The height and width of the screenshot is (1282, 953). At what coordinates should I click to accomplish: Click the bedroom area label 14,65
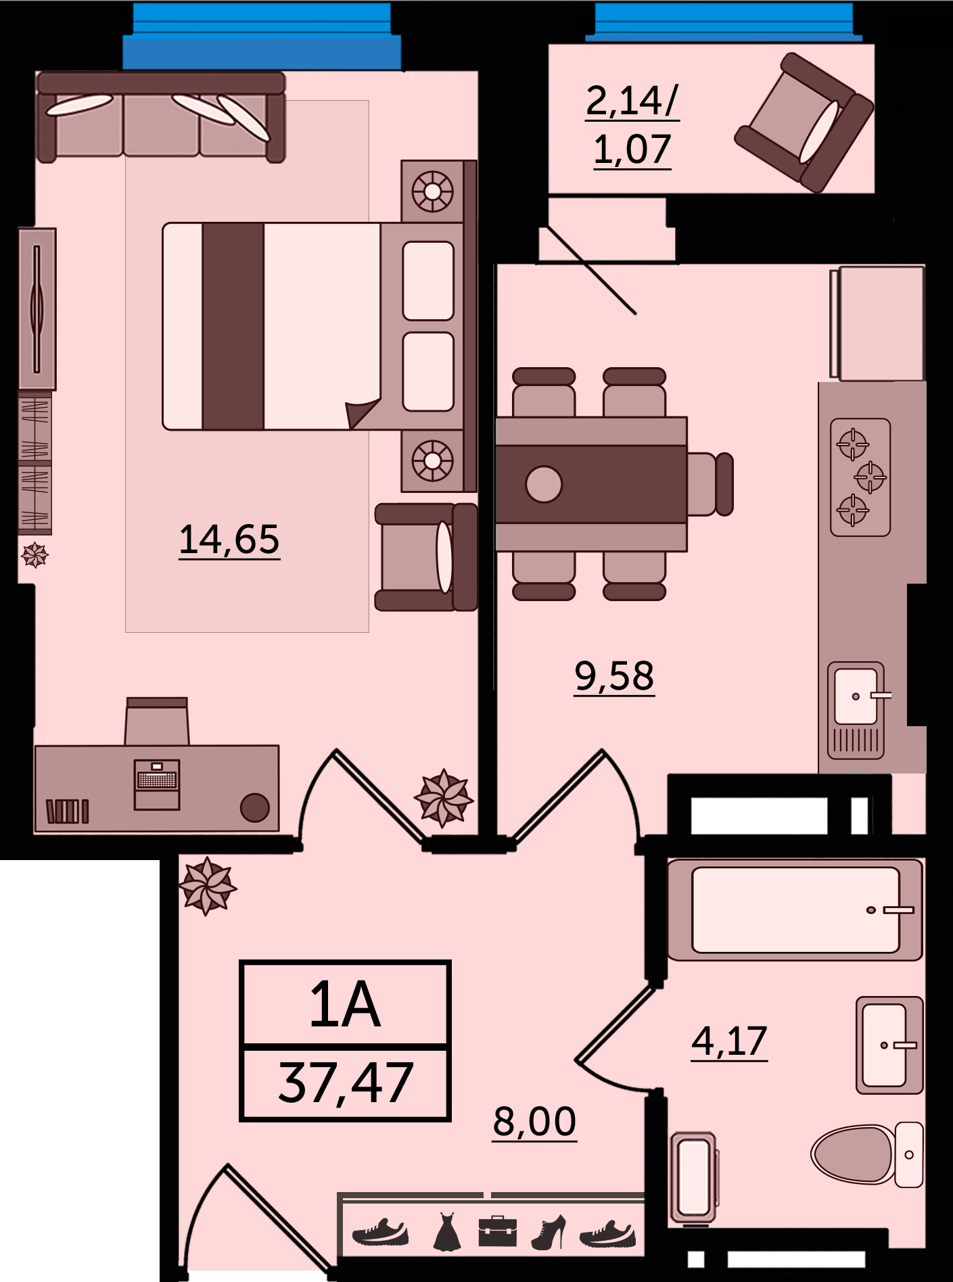point(229,540)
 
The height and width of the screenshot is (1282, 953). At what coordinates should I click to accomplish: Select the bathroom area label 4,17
point(729,1041)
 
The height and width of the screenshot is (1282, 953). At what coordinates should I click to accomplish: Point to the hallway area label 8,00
point(534,1122)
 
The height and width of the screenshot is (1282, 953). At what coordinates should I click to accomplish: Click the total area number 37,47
point(345,1083)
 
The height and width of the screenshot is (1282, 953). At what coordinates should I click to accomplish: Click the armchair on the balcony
point(804,122)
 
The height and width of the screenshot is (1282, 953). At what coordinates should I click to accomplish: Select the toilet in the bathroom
point(866,1154)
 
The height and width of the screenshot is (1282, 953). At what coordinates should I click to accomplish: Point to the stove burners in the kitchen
point(860,477)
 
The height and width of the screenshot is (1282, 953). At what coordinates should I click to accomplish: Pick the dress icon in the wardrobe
point(446,1231)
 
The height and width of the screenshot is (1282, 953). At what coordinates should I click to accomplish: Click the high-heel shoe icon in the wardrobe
point(549,1232)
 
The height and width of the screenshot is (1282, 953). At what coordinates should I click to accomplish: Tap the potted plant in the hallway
point(208,886)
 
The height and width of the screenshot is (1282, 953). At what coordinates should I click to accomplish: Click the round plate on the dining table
point(544,484)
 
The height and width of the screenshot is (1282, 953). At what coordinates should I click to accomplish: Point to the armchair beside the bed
point(426,557)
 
